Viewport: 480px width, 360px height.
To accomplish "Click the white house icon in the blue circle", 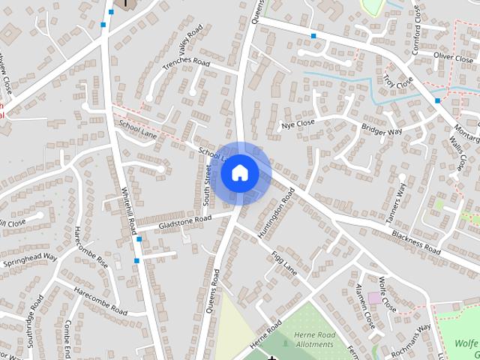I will (x=239, y=173).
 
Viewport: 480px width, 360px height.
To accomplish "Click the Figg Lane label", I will (x=284, y=263).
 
